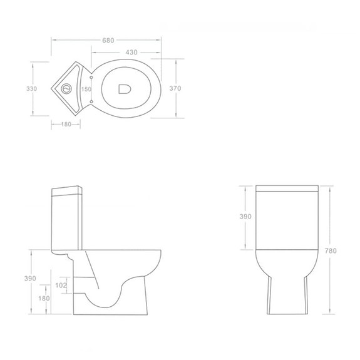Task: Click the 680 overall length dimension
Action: (x=107, y=40)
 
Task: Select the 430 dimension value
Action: (x=131, y=53)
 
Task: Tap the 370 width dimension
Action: (x=175, y=89)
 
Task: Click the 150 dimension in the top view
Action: (x=86, y=89)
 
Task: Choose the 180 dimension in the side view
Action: (x=43, y=298)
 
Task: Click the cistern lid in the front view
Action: (x=287, y=189)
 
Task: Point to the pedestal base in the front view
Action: (x=287, y=294)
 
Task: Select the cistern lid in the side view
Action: (x=67, y=188)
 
